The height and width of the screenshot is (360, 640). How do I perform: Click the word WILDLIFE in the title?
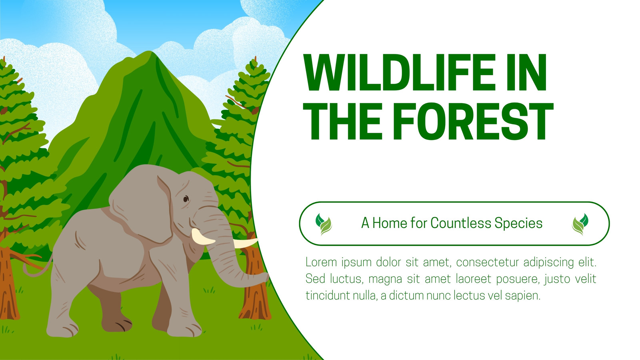click(x=399, y=72)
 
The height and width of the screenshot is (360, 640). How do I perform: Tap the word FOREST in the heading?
click(x=473, y=122)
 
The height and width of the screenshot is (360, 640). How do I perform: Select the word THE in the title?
click(x=342, y=122)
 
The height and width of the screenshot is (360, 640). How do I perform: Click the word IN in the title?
click(x=526, y=72)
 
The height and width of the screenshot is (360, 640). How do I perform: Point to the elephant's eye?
click(x=186, y=199)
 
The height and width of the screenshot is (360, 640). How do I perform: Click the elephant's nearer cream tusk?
click(x=203, y=237)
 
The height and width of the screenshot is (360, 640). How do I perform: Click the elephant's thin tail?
click(x=37, y=267)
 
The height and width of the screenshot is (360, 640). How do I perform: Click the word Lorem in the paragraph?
click(x=322, y=262)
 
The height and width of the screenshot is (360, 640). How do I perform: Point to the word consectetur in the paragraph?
click(x=488, y=262)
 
